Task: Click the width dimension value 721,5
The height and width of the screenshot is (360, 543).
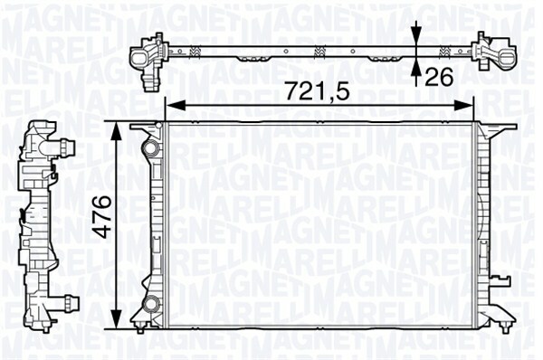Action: tap(318, 91)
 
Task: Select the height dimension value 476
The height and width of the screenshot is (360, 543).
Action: tap(104, 217)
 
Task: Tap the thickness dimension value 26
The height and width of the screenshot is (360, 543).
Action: tap(439, 77)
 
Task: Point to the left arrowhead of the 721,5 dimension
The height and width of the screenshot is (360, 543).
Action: tap(176, 106)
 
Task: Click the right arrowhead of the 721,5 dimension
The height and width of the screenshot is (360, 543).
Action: tap(463, 106)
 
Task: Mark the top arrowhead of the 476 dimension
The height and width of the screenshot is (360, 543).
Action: tap(118, 132)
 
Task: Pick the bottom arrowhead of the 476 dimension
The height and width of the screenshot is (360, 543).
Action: tap(118, 317)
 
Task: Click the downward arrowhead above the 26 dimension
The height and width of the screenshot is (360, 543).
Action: tap(417, 35)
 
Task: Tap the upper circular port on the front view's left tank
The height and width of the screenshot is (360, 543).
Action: tap(152, 148)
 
